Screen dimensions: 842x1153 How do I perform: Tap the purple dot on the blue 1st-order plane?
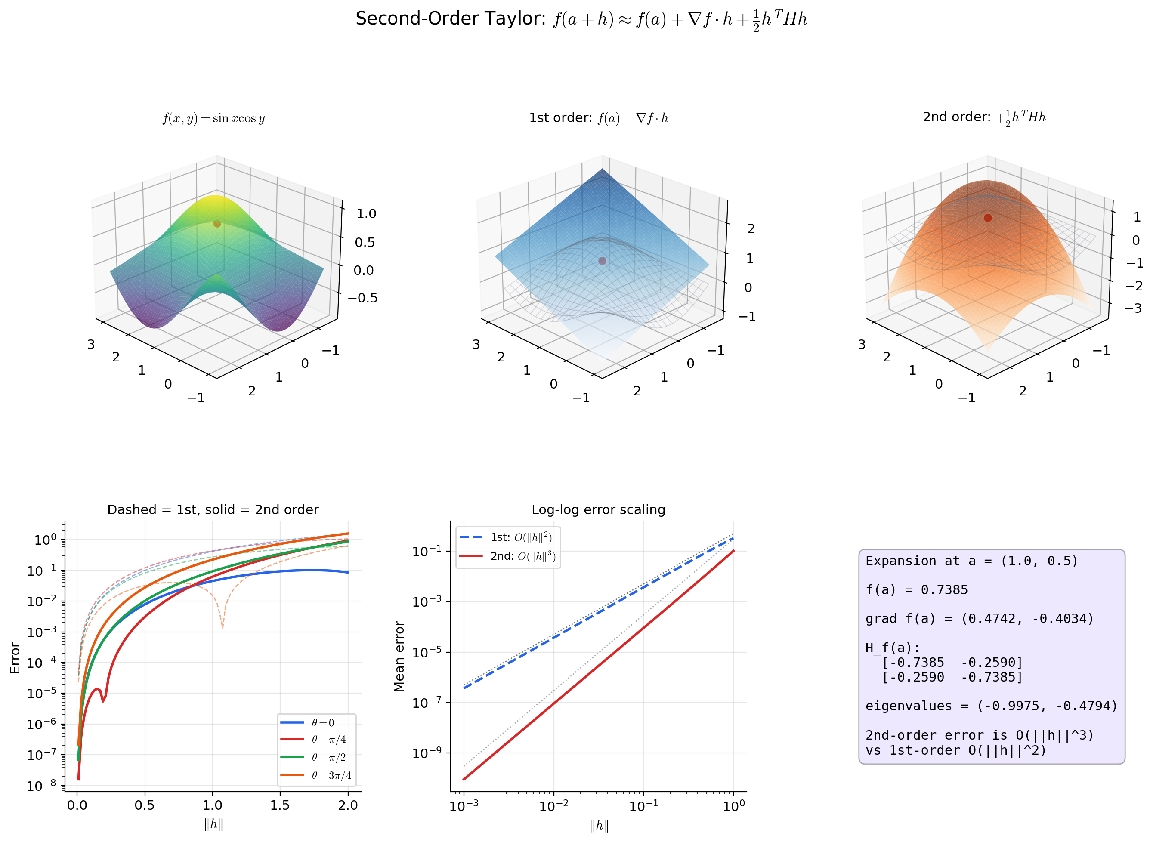(x=602, y=261)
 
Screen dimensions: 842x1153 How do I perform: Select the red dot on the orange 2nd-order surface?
(x=988, y=218)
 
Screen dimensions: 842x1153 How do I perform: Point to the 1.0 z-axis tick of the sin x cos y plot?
(x=366, y=213)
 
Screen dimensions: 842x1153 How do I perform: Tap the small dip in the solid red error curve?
(x=103, y=701)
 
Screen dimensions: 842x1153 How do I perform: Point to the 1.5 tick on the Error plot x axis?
(x=280, y=806)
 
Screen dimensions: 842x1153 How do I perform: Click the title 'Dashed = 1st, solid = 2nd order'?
(x=213, y=510)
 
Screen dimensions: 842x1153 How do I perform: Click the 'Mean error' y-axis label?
(x=399, y=657)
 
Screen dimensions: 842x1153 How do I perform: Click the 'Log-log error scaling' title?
(x=598, y=510)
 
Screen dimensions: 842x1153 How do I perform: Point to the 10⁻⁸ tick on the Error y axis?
(x=42, y=786)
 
